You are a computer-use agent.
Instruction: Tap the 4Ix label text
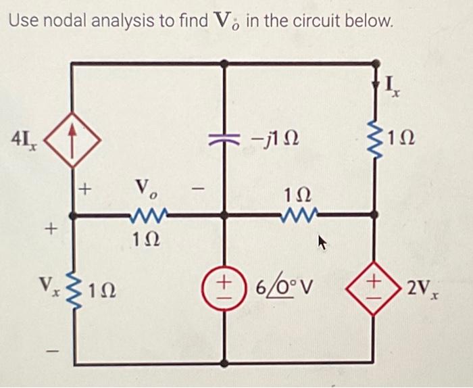tap(24, 141)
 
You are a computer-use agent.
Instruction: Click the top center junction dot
tap(225, 64)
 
